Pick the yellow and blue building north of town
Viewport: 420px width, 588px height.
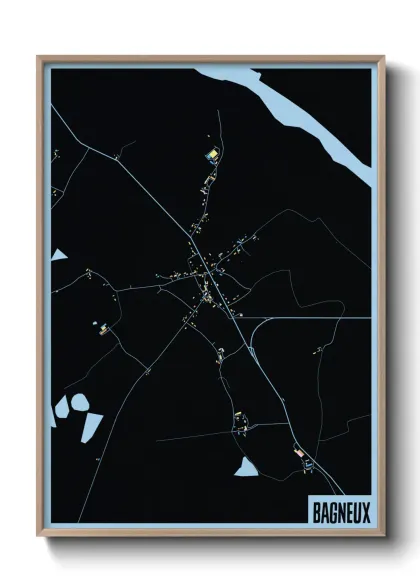point(211,154)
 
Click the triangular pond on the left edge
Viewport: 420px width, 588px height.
point(58,255)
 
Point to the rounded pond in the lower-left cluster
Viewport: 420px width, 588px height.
point(79,404)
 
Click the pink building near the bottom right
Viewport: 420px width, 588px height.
point(301,454)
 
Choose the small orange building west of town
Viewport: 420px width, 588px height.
point(102,331)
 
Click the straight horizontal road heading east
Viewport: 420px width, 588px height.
point(310,318)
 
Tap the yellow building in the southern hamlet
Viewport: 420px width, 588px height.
point(239,415)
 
